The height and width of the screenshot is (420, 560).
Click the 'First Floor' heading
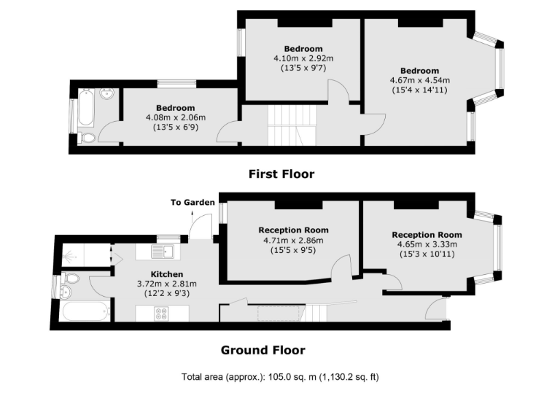point(281,174)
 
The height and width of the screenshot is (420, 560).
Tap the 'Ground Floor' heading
point(262,350)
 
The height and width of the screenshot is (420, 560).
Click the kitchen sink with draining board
point(161,252)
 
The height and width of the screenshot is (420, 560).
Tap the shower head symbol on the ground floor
point(69,257)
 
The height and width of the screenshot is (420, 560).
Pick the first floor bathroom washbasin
point(107,94)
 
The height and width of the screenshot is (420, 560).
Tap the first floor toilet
point(87,137)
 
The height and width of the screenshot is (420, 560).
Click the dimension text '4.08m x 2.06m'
point(176,117)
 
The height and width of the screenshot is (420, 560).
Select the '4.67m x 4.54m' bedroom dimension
point(420,81)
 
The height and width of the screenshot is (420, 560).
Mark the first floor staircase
point(292,125)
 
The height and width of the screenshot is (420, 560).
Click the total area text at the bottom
point(280,378)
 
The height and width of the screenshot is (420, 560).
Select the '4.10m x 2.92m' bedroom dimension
point(303,59)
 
